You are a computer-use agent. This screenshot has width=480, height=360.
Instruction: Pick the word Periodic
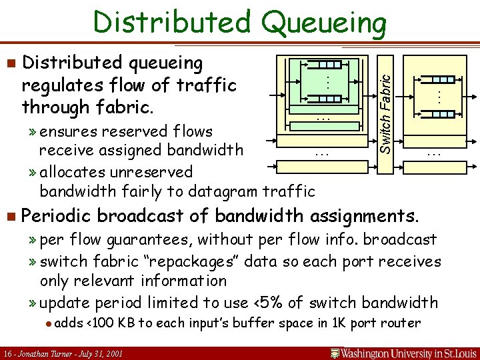[x=57, y=216]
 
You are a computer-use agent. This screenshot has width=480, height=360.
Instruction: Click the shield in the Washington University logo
[x=337, y=352]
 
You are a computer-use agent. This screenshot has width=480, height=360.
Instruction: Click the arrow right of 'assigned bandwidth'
[x=273, y=141]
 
